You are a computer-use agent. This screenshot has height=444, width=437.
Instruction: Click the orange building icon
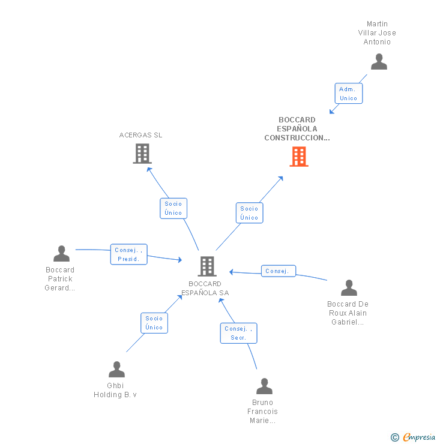[x=299, y=157]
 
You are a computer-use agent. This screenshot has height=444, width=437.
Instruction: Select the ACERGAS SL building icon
[x=142, y=154]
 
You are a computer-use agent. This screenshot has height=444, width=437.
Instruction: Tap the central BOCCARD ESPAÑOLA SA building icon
[x=206, y=266]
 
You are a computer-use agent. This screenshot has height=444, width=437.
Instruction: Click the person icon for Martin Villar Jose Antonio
[x=379, y=62]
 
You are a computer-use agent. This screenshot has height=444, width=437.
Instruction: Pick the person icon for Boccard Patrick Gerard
[x=61, y=254]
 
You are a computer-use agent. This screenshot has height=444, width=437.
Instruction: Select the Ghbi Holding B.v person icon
[x=116, y=370]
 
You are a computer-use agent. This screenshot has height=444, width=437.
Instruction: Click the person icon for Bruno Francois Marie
[x=264, y=386]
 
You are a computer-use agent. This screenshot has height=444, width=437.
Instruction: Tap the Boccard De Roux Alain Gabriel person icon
[x=349, y=288]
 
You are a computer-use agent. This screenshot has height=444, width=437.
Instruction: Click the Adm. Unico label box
[x=348, y=94]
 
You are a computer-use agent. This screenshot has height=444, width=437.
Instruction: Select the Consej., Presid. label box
[x=128, y=254]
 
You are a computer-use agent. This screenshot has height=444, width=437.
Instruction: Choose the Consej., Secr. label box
[x=238, y=333]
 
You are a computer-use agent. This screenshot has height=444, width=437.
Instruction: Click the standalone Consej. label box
[x=277, y=271]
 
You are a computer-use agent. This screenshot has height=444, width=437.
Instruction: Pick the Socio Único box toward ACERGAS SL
[x=173, y=208]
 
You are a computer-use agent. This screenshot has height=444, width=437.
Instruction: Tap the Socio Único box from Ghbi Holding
[x=154, y=323]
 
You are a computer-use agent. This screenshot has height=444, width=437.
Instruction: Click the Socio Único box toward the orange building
[x=249, y=213]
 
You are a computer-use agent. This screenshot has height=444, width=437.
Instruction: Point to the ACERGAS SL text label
[x=140, y=135]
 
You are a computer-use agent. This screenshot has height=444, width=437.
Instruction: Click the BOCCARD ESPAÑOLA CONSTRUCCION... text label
[x=297, y=129]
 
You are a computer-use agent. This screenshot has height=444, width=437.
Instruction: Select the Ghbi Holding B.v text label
[x=115, y=390]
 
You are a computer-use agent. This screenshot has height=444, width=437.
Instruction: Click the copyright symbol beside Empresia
[x=395, y=437]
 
